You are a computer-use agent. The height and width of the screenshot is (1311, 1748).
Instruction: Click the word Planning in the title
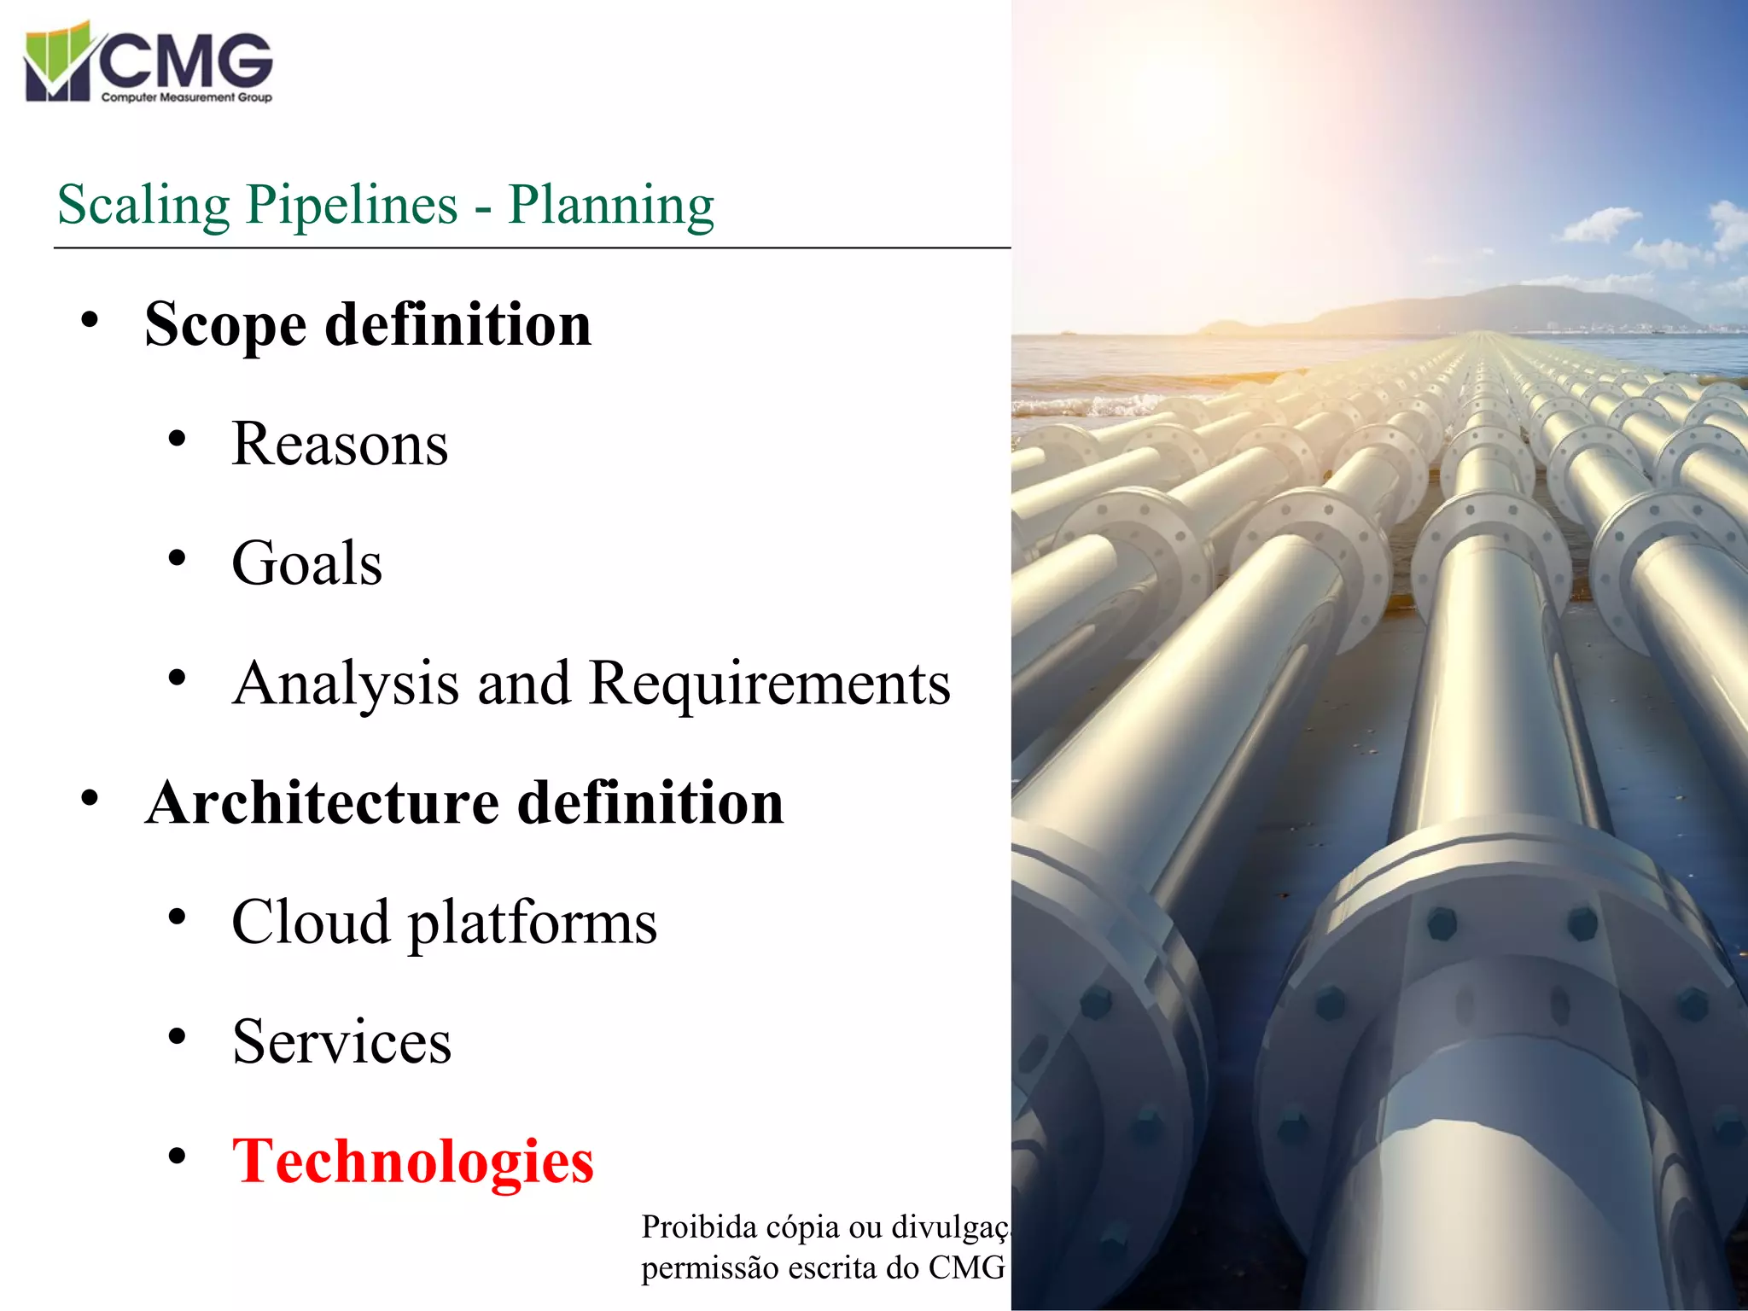611,206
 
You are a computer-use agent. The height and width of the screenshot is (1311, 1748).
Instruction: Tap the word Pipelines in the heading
353,206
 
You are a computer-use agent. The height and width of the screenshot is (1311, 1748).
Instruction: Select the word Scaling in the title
143,206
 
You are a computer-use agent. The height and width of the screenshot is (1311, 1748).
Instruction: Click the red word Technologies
412,1162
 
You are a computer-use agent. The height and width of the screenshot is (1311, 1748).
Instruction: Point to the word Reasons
340,445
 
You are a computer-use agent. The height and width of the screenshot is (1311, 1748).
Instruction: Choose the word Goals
307,564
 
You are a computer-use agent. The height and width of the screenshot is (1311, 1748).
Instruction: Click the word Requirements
769,684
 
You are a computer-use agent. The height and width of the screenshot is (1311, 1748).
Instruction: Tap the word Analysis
346,684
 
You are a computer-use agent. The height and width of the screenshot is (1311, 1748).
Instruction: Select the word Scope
225,325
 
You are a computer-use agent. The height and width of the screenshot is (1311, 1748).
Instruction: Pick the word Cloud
311,923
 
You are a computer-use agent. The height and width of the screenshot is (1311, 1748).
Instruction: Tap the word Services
341,1042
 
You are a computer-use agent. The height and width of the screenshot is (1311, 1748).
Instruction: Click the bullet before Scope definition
90,321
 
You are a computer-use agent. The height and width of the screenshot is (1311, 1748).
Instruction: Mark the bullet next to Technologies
177,1157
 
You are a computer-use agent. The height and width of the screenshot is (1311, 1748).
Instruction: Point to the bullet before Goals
177,559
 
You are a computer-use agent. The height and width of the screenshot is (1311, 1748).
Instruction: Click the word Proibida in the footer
698,1227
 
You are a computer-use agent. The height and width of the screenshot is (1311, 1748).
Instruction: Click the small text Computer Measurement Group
186,97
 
